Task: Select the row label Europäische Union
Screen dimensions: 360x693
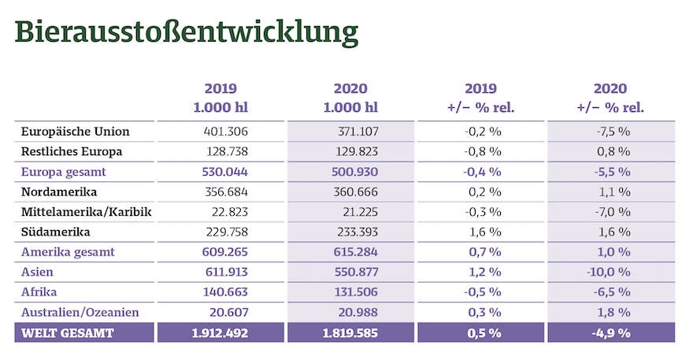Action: pos(76,132)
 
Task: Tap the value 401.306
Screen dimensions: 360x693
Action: pos(220,132)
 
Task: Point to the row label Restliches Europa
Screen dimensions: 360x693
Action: pos(72,151)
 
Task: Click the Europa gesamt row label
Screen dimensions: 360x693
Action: pos(65,172)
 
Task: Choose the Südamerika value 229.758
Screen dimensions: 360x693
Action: pos(220,232)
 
